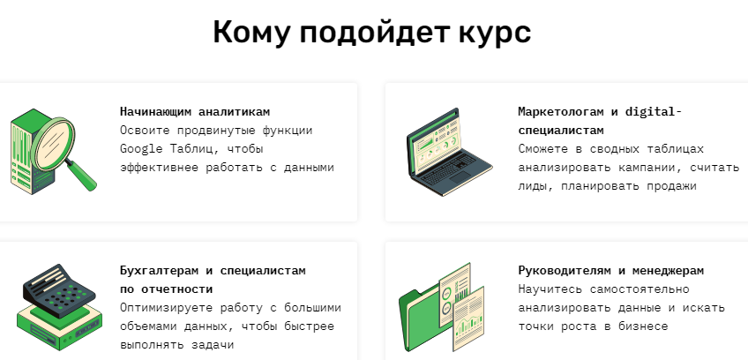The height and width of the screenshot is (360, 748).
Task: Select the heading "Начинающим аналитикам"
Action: pos(195,112)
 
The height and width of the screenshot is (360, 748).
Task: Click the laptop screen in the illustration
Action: pos(434,142)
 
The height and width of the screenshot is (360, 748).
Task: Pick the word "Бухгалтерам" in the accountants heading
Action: pos(159,271)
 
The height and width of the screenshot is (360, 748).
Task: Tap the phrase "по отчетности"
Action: pos(166,289)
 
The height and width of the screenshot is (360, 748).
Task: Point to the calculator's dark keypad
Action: pos(59,291)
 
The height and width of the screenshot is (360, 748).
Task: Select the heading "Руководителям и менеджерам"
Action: pos(610,271)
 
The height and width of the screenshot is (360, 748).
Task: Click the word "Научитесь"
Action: pos(550,289)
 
